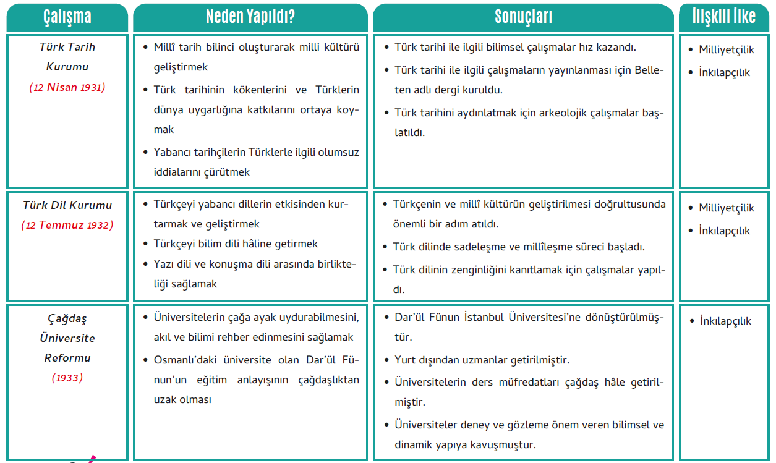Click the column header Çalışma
67,17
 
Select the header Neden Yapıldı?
250,17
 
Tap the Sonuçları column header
523,17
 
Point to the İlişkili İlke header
725,17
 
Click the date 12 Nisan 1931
67,87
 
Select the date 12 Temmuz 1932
67,225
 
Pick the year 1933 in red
67,378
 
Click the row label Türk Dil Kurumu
67,205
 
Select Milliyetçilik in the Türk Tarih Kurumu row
727,50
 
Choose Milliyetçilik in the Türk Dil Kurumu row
727,208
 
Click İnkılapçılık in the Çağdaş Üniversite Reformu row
726,321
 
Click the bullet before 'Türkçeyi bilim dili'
145,244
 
